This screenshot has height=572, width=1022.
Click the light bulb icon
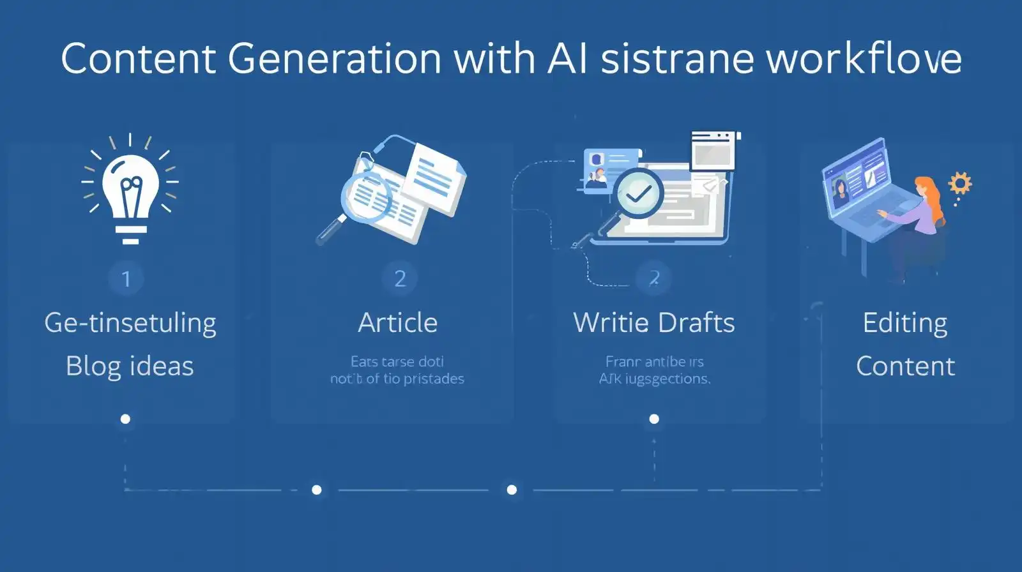(x=131, y=192)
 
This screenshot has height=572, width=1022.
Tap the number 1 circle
(x=126, y=279)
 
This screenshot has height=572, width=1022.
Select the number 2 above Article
(x=400, y=278)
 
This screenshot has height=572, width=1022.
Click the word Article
(x=398, y=322)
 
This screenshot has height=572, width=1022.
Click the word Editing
(x=904, y=323)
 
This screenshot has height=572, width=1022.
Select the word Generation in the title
(x=334, y=59)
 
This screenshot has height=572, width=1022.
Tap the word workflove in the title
(x=864, y=59)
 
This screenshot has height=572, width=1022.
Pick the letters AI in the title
(x=568, y=59)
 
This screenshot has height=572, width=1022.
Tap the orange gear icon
(x=959, y=183)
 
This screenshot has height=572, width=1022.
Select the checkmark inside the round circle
(x=639, y=193)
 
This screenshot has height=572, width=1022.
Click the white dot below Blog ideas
(x=125, y=419)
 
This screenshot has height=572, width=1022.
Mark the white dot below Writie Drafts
(x=654, y=419)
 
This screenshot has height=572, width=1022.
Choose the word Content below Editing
(x=905, y=366)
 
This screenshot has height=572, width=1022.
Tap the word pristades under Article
(x=432, y=379)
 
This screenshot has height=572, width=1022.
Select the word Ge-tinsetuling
(x=130, y=323)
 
